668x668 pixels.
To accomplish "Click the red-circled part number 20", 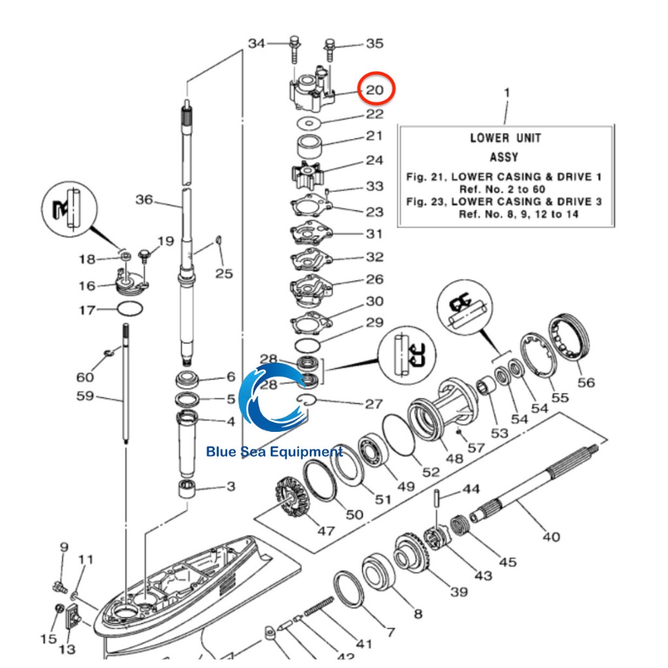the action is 375,90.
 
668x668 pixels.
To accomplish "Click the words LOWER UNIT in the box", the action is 506,138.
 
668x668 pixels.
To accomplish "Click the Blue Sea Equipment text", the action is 275,451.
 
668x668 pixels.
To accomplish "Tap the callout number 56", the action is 586,382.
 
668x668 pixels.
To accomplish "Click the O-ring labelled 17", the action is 130,309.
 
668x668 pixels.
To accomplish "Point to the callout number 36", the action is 144,200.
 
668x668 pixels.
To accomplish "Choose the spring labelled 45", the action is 459,525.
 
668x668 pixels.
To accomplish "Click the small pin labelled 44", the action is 436,498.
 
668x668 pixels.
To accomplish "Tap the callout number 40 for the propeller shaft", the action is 551,536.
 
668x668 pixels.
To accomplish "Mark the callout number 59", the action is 85,396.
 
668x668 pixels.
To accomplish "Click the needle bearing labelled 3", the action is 187,488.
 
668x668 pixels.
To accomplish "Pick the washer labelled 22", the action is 309,123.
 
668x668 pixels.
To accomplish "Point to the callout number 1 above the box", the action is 507,93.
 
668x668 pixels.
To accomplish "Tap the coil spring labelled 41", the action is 318,606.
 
